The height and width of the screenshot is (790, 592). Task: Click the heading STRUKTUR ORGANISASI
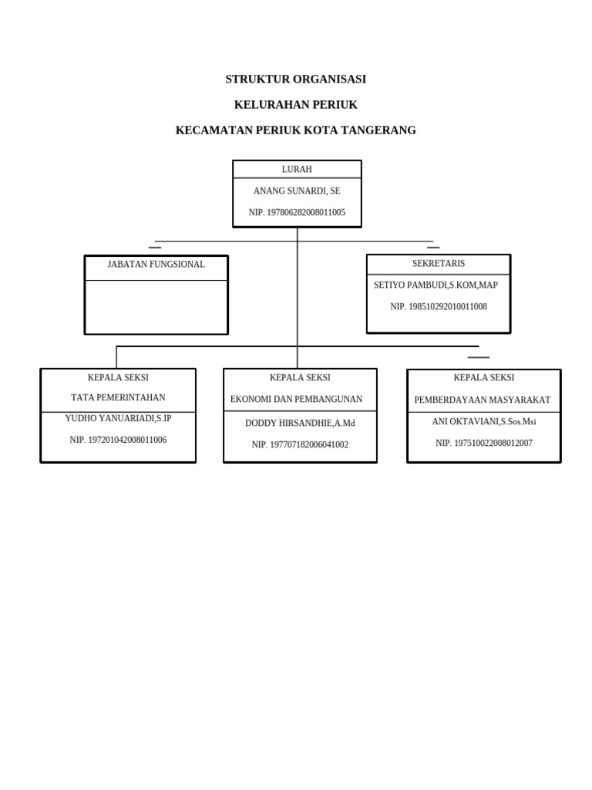point(295,79)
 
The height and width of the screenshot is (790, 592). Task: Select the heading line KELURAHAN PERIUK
point(295,105)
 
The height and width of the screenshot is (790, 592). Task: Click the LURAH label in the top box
point(297,170)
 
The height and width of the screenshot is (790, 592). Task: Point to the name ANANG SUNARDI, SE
point(297,191)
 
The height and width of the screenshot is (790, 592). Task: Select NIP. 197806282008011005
point(297,212)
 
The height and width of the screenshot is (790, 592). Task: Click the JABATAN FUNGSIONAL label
point(156,265)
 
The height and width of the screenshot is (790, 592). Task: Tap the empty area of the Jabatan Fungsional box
point(156,306)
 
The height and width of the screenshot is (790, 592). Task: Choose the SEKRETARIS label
point(438,264)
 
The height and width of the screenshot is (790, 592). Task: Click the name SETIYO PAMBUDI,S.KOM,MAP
point(436,285)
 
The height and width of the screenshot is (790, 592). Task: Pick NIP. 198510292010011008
point(438,307)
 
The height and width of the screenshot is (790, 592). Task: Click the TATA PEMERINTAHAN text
point(118,398)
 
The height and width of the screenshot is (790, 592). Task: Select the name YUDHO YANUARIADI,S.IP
point(118,419)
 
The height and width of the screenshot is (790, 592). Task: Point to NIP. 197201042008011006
point(118,441)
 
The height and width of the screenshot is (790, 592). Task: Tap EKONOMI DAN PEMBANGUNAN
point(296,400)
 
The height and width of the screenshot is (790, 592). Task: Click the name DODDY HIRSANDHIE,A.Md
point(300,424)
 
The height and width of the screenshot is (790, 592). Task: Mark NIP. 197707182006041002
point(300,445)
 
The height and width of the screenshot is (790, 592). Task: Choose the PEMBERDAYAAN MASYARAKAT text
point(483,400)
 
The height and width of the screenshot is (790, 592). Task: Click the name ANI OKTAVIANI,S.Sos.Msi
point(483,422)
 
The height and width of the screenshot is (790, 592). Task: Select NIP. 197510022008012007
point(483,444)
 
